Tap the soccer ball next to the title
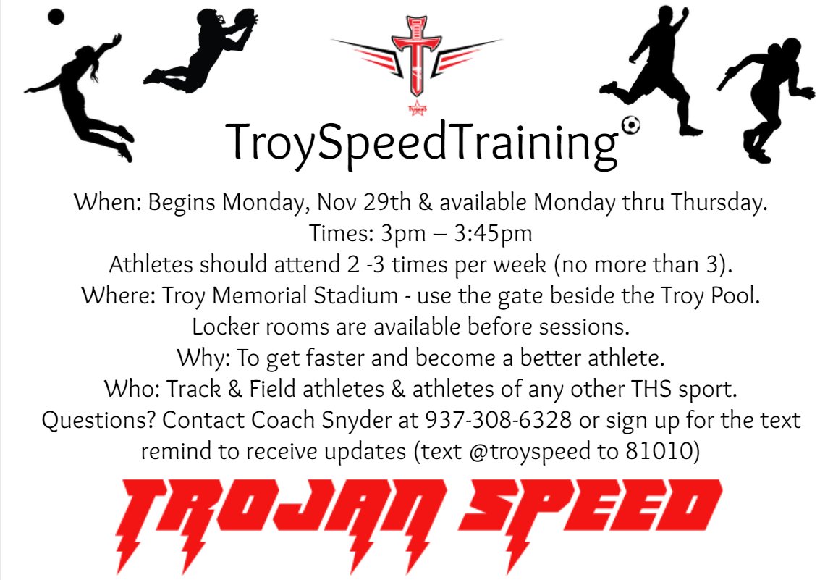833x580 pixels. coord(631,126)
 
